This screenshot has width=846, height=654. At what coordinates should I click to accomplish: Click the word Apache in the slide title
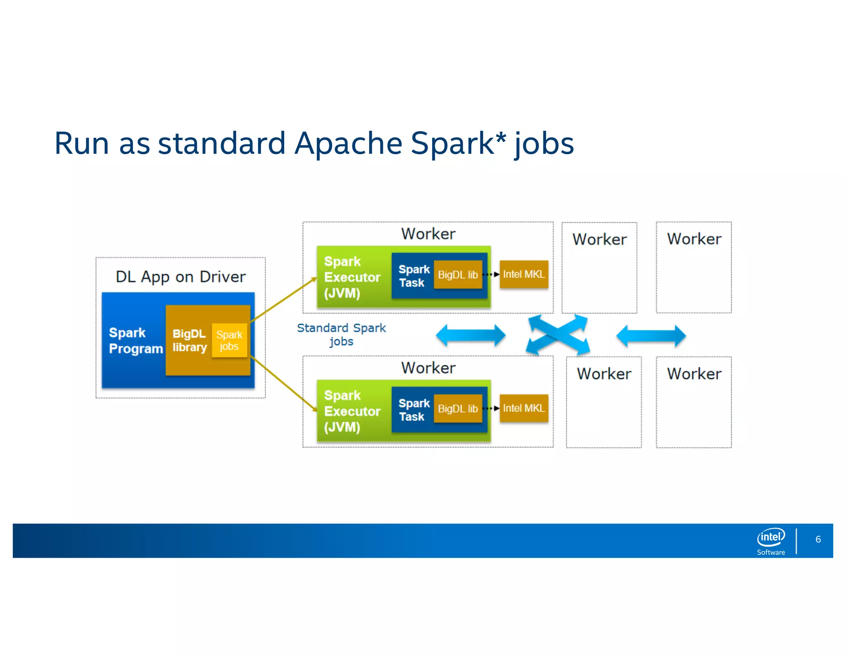[x=348, y=143]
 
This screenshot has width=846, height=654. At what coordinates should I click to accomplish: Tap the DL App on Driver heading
[x=181, y=277]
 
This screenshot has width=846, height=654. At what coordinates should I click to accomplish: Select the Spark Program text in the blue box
[x=135, y=341]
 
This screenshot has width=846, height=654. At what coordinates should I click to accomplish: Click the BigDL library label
[x=189, y=341]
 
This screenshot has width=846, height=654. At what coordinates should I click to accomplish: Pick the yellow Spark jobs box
[x=229, y=340]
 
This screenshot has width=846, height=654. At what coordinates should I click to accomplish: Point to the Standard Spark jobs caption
[x=341, y=334]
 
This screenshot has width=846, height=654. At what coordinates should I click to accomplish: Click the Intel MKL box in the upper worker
[x=524, y=274]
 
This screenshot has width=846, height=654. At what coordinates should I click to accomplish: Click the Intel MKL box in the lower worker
[x=524, y=408]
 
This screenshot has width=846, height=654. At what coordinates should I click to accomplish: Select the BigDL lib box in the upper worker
[x=458, y=274]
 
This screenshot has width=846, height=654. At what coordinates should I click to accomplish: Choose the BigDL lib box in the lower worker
[x=458, y=408]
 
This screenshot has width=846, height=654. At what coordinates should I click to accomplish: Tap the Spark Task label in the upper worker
[x=413, y=276]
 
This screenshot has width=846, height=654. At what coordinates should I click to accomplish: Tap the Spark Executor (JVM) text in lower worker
[x=352, y=411]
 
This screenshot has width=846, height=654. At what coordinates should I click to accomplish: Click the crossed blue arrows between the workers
[x=558, y=334]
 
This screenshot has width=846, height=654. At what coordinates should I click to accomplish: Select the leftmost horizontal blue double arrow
[x=471, y=335]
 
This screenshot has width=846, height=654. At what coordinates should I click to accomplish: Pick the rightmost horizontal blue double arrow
[x=651, y=335]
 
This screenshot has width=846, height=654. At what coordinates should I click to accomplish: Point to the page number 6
[x=818, y=539]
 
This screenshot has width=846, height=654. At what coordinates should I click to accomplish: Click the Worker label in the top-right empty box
[x=694, y=239]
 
